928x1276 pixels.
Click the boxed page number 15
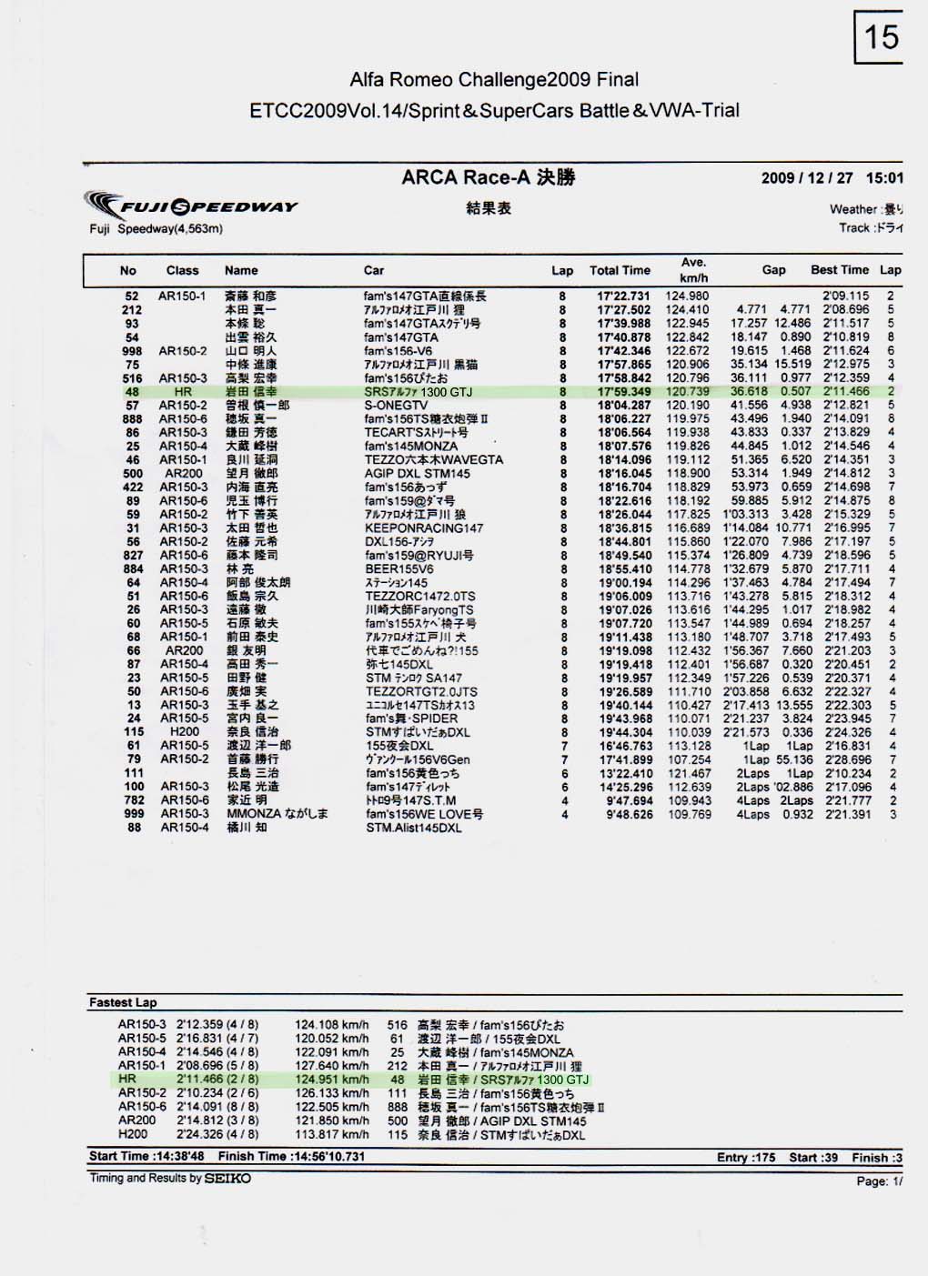coord(880,37)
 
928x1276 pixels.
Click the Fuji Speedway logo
coord(191,205)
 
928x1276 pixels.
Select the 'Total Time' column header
coord(620,270)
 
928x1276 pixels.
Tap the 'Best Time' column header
coord(839,270)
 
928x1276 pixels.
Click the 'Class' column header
coord(182,270)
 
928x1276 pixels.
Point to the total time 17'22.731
coord(624,296)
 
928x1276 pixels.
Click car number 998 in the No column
coord(133,351)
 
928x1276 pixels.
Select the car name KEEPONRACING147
coord(424,528)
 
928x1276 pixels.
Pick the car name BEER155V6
coord(399,569)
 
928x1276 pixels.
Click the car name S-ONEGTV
coord(396,406)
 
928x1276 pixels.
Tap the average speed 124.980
coord(687,296)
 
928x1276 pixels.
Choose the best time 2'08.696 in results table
coord(846,310)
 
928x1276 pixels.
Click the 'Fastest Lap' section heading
coord(123,1002)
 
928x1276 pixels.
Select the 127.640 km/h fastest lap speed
coord(332,1066)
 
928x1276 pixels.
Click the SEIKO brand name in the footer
coord(227,1179)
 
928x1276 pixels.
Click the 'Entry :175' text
coord(746,1158)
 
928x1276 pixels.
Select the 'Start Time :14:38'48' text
coord(146,1157)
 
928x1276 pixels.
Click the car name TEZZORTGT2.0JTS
coord(421,692)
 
